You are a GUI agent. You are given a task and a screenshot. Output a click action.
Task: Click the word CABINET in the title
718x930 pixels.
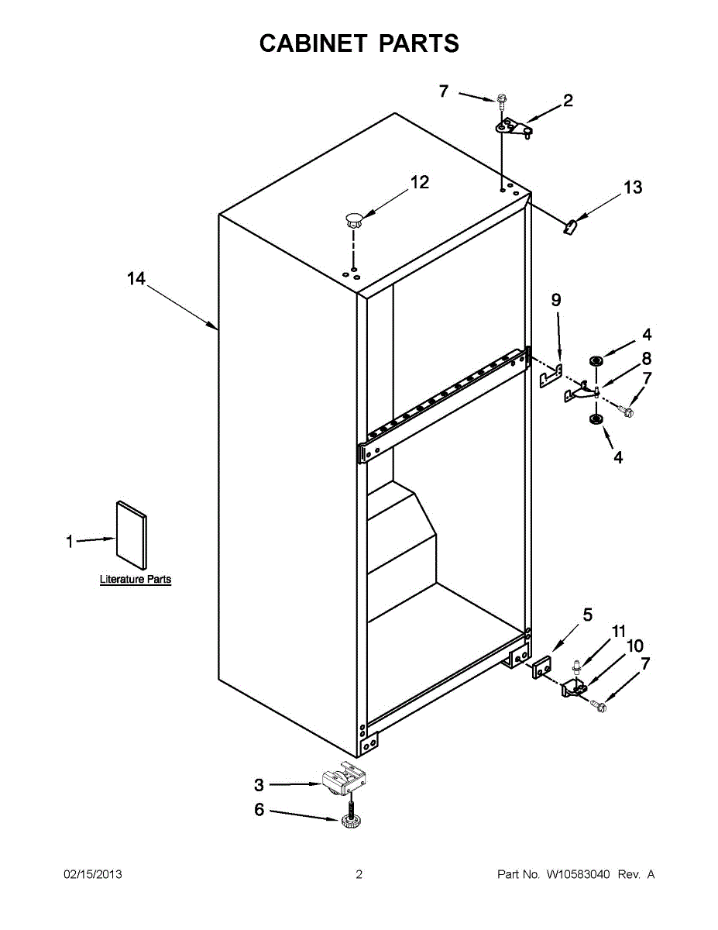[x=314, y=43]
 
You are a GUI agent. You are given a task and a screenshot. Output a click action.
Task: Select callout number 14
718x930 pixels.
[x=136, y=279]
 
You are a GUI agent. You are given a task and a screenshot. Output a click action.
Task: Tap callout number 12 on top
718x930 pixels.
[x=419, y=182]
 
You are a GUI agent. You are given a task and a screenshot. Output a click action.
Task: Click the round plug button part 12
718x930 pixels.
[x=354, y=218]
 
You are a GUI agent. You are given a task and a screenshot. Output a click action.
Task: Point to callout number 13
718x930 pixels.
[x=633, y=188]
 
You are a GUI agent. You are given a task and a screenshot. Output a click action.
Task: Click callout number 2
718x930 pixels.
[x=568, y=100]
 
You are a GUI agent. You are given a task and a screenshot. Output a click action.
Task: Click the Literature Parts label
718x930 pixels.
[x=136, y=579]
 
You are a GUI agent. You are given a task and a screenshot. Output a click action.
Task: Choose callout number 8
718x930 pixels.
[x=646, y=358]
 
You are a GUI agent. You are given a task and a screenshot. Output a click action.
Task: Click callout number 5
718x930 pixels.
[x=588, y=615]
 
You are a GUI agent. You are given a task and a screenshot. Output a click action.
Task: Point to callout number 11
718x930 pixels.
[x=618, y=632]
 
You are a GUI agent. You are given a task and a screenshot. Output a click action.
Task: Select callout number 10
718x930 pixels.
[x=634, y=646]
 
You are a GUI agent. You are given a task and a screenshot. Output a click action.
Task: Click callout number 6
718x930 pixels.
[x=259, y=810]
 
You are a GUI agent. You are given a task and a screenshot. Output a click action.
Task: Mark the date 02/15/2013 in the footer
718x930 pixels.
[x=92, y=874]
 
